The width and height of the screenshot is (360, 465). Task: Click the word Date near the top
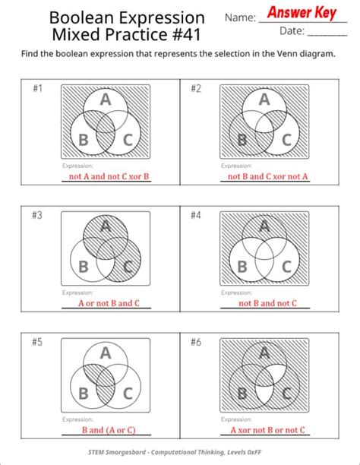click(292, 31)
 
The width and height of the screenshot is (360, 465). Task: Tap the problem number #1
click(38, 89)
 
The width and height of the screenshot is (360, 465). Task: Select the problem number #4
click(196, 215)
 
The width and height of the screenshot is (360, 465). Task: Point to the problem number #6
click(196, 342)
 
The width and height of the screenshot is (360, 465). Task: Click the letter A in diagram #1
click(105, 100)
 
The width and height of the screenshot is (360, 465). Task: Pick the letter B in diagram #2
click(242, 140)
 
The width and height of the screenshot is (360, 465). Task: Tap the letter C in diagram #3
click(128, 266)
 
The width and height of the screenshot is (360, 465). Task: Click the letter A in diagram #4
click(264, 226)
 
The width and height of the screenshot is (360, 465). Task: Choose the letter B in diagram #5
click(84, 393)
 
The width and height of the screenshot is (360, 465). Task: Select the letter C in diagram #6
click(286, 393)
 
